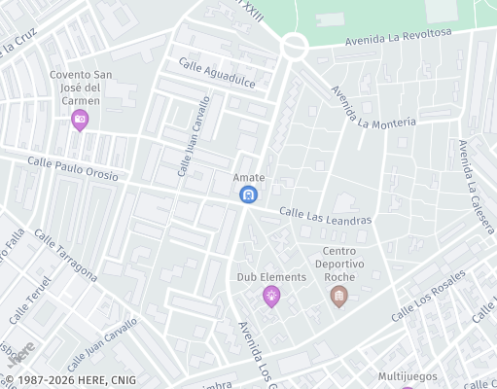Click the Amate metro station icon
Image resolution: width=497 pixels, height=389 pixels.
point(249,194)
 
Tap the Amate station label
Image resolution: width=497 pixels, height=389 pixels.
point(249,177)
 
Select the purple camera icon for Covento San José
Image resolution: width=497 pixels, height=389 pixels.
point(80,120)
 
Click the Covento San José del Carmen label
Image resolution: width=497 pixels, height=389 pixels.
point(84,88)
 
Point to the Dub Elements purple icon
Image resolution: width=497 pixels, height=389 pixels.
point(271,297)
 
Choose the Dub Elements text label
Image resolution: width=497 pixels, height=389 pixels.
point(271,277)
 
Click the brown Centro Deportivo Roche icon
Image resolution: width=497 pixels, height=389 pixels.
point(338,296)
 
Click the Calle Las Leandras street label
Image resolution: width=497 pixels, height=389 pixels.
point(326,216)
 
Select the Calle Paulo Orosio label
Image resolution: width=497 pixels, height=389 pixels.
point(73,169)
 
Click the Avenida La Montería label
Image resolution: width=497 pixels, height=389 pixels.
point(373,109)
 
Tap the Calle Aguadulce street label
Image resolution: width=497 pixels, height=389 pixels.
point(216,73)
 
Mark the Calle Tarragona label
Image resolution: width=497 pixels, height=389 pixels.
point(65,255)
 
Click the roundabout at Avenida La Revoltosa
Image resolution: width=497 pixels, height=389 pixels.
point(295,45)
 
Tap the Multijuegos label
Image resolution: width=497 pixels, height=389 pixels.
point(408,376)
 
